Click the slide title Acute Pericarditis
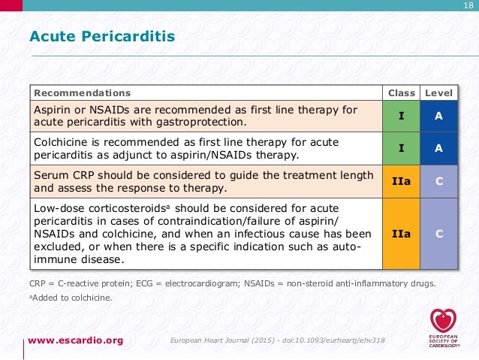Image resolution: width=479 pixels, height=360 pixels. (x=101, y=36)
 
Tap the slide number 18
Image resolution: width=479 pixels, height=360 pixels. (x=467, y=7)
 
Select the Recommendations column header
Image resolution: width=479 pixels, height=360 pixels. (x=82, y=93)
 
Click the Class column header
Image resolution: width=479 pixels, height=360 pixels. (x=401, y=93)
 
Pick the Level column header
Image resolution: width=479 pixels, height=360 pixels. (x=438, y=93)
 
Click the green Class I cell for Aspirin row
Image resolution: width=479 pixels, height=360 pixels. (x=401, y=116)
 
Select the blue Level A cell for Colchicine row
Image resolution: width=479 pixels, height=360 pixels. (x=438, y=148)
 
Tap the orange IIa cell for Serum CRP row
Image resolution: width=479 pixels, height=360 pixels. (x=401, y=181)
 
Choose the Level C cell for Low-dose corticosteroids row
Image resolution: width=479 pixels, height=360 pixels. (x=438, y=234)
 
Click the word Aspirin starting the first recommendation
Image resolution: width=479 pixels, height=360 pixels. (x=52, y=110)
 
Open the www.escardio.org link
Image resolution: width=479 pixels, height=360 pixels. (x=76, y=340)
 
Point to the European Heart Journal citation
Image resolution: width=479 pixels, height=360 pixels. (x=278, y=340)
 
